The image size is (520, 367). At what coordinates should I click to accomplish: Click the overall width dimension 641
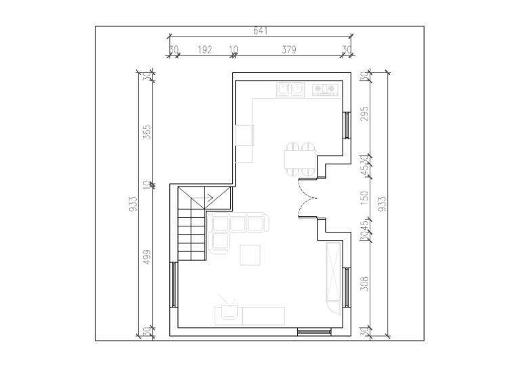(x=260, y=30)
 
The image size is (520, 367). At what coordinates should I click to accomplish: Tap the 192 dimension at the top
(x=205, y=49)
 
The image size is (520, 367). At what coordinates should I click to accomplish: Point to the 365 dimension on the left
(x=147, y=131)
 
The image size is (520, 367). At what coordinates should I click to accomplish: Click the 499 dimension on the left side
(x=147, y=258)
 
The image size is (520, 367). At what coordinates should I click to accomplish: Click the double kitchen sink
(x=289, y=89)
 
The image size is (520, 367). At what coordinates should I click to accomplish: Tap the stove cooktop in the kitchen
(x=325, y=89)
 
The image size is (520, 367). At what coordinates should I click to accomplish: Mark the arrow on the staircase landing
(x=210, y=197)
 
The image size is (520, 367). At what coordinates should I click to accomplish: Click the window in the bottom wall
(x=313, y=331)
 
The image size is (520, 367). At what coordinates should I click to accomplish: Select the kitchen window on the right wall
(x=346, y=125)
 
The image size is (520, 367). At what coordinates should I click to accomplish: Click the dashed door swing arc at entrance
(x=306, y=203)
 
